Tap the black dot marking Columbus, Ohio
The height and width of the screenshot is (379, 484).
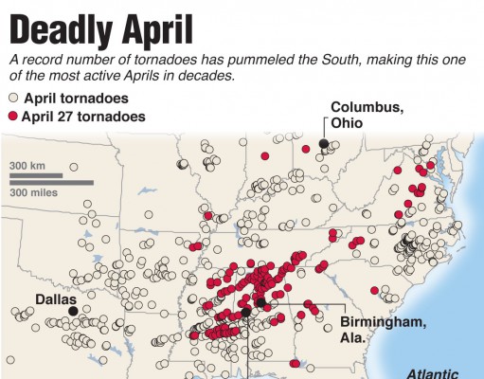point(324,143)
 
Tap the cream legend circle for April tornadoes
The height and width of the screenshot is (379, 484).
point(13,98)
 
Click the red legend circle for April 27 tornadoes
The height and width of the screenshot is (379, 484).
point(13,117)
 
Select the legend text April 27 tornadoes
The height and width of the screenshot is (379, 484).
point(84,117)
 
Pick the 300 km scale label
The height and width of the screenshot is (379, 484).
point(29,166)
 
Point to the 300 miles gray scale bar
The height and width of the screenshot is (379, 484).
point(52,182)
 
